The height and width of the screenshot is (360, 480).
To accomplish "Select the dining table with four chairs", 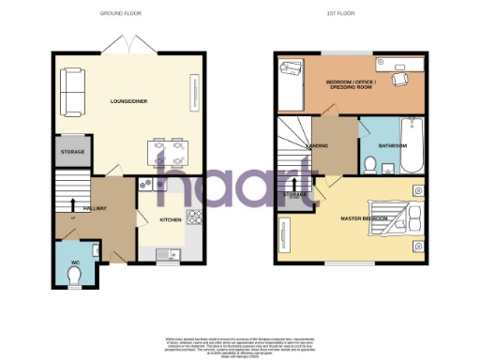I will (166, 150).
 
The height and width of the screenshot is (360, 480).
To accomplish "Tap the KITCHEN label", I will (170, 220).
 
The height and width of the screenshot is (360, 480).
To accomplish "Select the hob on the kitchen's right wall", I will (196, 218).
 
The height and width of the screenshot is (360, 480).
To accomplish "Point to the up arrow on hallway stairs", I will (72, 203).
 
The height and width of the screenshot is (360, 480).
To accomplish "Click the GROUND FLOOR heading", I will (127, 13).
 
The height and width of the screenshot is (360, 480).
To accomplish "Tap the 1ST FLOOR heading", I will (338, 13).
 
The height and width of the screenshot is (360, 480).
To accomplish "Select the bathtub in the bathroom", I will (411, 148).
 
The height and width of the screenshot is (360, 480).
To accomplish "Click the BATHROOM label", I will (392, 147).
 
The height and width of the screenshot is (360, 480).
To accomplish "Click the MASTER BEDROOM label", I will (366, 217).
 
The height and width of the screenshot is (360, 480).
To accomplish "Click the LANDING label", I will (317, 146).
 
